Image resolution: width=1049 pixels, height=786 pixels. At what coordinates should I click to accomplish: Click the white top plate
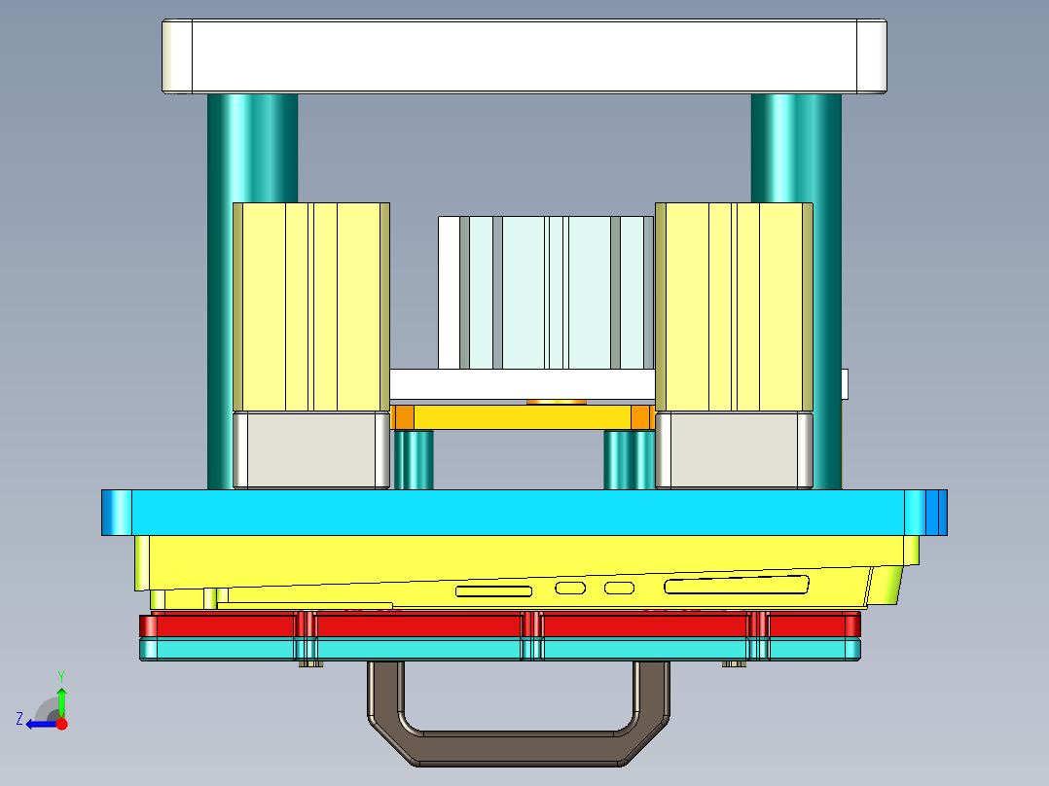pyautogui.click(x=524, y=56)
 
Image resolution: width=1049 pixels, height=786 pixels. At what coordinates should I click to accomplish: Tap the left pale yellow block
pyautogui.click(x=310, y=306)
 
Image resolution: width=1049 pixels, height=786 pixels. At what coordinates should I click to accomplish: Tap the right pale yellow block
pyautogui.click(x=734, y=306)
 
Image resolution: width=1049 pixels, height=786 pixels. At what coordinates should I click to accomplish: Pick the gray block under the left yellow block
pyautogui.click(x=310, y=449)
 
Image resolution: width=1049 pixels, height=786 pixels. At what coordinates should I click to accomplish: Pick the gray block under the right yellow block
pyautogui.click(x=734, y=449)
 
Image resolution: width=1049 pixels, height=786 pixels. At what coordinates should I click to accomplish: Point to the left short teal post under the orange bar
pyautogui.click(x=414, y=460)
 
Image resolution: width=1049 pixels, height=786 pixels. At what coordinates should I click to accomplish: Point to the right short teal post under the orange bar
pyautogui.click(x=630, y=460)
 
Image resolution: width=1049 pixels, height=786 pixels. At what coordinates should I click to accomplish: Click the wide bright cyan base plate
pyautogui.click(x=524, y=512)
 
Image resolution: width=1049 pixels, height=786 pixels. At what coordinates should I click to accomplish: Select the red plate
pyautogui.click(x=418, y=625)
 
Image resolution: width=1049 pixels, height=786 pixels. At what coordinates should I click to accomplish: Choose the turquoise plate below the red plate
pyautogui.click(x=418, y=649)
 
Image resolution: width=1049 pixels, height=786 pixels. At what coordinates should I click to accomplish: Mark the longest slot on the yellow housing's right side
pyautogui.click(x=736, y=586)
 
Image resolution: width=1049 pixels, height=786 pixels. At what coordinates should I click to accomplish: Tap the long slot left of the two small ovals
pyautogui.click(x=494, y=590)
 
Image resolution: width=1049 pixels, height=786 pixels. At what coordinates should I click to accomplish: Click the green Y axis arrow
pyautogui.click(x=61, y=697)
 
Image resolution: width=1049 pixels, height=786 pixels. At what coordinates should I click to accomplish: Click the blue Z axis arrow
pyautogui.click(x=39, y=724)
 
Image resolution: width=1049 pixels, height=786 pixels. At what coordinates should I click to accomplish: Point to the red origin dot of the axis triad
pyautogui.click(x=62, y=724)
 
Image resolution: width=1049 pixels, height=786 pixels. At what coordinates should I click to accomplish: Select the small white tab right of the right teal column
pyautogui.click(x=845, y=383)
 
